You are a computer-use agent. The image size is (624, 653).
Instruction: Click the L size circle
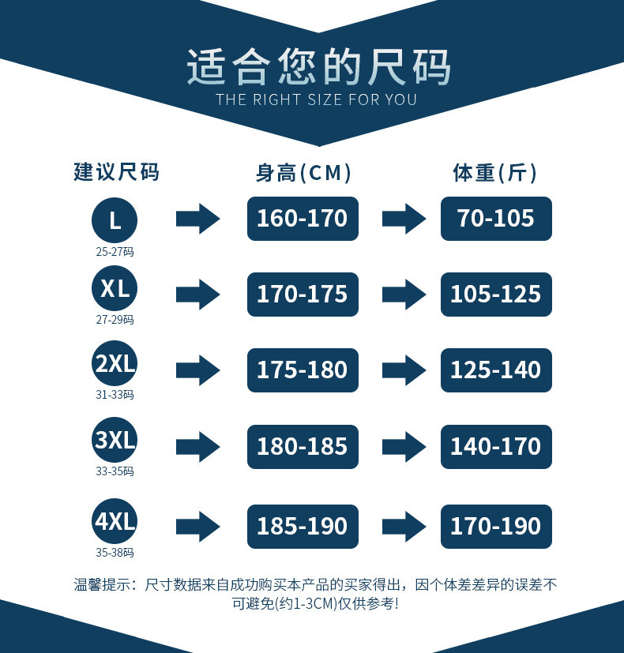point(115,219)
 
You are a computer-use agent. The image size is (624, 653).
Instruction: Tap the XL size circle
point(115,288)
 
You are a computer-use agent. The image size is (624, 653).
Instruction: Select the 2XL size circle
point(115,364)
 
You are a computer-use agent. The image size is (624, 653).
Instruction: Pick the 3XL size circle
point(115,440)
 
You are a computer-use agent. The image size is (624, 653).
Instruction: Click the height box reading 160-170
point(303,219)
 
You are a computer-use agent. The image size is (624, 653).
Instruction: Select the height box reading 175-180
point(303,370)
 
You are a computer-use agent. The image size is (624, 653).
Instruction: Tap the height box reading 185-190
point(303,527)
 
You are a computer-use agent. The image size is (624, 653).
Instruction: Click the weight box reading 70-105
point(496,219)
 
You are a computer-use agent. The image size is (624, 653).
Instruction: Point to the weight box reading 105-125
point(496,295)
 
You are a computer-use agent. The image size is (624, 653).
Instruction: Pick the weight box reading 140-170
point(496,446)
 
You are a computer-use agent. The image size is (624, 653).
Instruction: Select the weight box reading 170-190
point(496,527)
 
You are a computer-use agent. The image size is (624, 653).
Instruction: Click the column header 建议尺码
point(116,172)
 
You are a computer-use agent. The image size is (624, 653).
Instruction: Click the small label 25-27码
point(115,252)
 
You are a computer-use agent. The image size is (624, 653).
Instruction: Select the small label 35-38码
point(115,553)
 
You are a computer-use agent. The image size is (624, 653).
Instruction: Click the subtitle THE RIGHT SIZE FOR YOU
point(316,100)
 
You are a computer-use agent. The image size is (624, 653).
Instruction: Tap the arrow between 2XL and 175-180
point(197,370)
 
